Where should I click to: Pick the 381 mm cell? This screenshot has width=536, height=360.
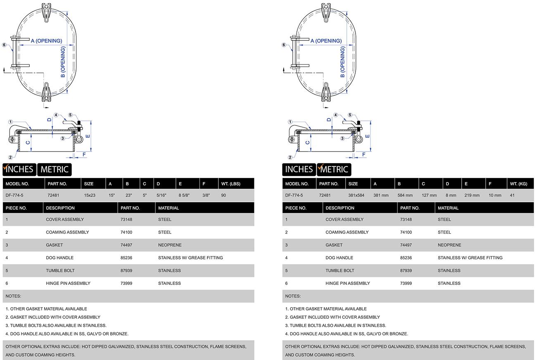click(x=380, y=195)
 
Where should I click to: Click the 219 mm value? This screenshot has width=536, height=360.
click(x=472, y=195)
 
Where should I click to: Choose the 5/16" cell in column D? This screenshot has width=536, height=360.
click(x=161, y=195)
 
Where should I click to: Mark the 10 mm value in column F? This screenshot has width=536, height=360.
click(x=494, y=195)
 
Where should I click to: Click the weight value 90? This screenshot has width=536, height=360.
click(x=223, y=195)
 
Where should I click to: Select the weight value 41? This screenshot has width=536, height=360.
click(x=512, y=195)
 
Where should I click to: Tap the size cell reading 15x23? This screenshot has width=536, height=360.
click(x=90, y=195)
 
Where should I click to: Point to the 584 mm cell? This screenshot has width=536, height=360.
click(x=405, y=195)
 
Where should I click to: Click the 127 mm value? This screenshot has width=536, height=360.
click(x=429, y=195)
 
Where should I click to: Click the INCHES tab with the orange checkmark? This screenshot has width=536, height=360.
click(x=19, y=169)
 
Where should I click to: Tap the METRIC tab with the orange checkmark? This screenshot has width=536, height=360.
click(x=334, y=169)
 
